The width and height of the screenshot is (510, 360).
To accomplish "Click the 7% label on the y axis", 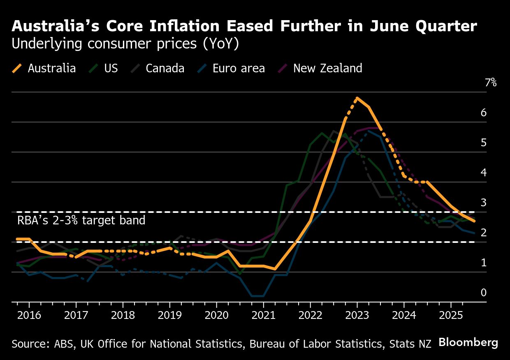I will click(491, 83).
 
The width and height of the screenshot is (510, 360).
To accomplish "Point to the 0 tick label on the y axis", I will click(484, 293).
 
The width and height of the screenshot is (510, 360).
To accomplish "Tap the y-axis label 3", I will click(484, 203).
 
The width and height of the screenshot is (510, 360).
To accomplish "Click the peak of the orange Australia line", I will click(357, 98).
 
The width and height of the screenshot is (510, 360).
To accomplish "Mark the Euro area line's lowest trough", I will click(257, 296).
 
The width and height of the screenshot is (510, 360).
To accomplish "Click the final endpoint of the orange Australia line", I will click(475, 221).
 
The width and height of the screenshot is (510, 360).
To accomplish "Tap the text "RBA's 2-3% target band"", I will click(81, 220).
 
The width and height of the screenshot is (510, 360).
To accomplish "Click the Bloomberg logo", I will click(468, 342).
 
